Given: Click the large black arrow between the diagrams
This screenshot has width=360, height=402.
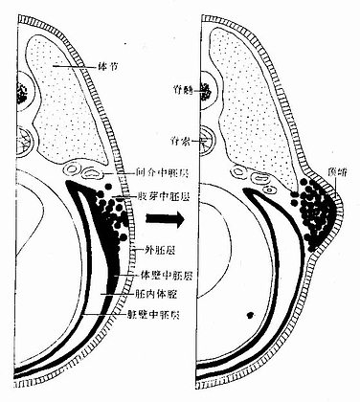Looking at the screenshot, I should [165, 217].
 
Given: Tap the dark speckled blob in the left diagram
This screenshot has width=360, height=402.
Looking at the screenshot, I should [21, 93].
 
